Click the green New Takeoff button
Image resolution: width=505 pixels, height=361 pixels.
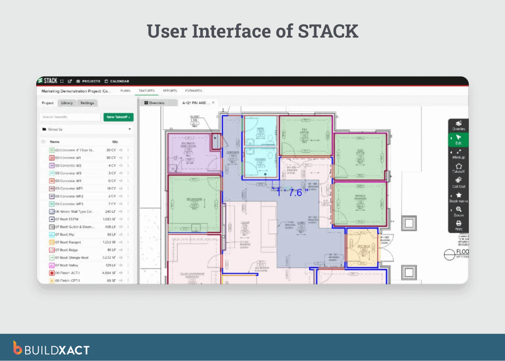118,117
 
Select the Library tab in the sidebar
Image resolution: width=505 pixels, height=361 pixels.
67,103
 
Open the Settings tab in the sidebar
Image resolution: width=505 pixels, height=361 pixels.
87,103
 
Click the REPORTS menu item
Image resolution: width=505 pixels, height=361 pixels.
170,91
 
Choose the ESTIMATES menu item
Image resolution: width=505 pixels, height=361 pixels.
193,91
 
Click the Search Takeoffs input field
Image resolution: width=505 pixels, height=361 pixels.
70,117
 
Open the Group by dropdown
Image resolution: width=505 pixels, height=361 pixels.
86,129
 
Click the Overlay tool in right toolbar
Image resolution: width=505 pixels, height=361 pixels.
458,125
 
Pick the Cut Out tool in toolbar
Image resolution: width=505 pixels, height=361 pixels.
458,183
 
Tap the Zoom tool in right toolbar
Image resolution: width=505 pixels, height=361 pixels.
458,211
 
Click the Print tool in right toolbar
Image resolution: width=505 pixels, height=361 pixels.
458,226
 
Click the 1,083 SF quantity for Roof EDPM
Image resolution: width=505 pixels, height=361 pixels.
109,219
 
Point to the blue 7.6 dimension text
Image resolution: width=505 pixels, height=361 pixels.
295,193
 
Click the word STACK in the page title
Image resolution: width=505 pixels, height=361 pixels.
328,31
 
